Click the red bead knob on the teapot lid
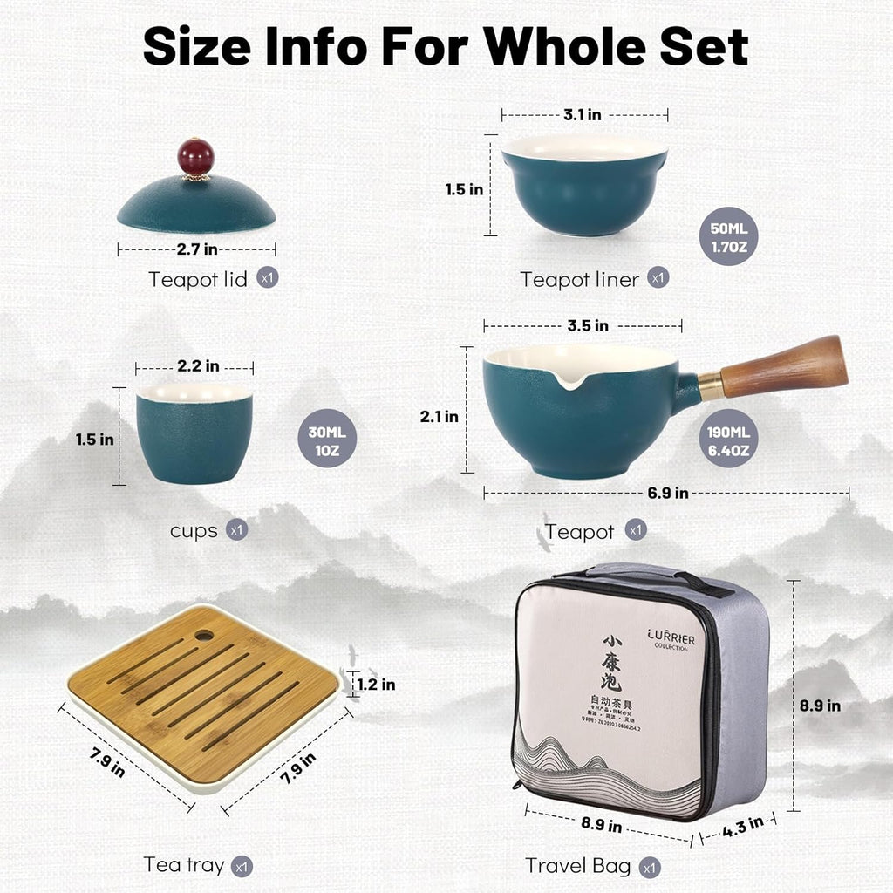pyautogui.click(x=196, y=156)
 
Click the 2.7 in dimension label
pyautogui.click(x=197, y=249)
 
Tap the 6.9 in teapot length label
pyautogui.click(x=667, y=493)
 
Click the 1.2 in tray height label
pyautogui.click(x=376, y=685)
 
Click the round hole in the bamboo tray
pyautogui.click(x=204, y=634)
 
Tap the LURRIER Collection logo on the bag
pyautogui.click(x=671, y=641)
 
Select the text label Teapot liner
pyautogui.click(x=579, y=279)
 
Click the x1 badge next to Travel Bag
pyautogui.click(x=649, y=868)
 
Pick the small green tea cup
pyautogui.click(x=194, y=433)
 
